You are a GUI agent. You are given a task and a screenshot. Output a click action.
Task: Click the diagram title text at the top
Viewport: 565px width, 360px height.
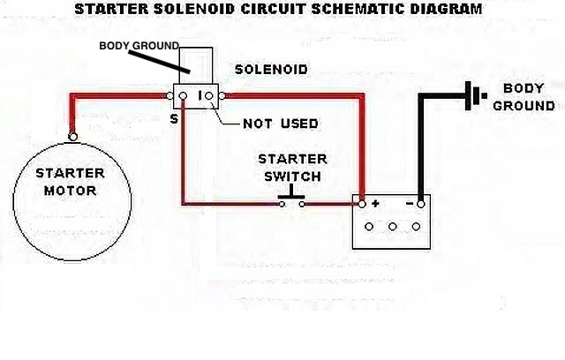coord(278,10)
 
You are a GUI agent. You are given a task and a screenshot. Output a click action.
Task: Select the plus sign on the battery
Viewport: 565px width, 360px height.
coord(375,204)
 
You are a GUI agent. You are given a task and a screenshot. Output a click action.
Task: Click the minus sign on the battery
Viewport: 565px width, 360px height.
coord(409,204)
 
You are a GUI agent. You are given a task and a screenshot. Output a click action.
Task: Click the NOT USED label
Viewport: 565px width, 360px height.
coord(280,124)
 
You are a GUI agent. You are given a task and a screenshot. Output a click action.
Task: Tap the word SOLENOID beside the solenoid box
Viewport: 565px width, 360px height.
coord(269,68)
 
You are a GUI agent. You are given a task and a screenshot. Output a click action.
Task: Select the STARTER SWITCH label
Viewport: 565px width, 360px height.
coord(292,167)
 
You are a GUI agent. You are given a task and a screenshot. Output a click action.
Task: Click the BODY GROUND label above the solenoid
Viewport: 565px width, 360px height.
coord(139,45)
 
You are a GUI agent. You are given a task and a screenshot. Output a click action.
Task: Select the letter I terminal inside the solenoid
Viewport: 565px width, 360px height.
coord(202,94)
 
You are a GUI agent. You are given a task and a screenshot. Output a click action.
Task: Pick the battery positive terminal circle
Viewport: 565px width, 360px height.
coord(359,203)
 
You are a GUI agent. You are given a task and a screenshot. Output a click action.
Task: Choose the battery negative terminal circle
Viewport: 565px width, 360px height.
coord(421,203)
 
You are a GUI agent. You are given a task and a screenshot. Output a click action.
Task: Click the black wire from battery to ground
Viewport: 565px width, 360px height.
coord(423,141)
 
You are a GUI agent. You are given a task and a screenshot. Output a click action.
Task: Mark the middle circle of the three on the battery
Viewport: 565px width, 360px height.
coord(390,226)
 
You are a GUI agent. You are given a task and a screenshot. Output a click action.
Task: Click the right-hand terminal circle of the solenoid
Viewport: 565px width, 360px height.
coord(223,94)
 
